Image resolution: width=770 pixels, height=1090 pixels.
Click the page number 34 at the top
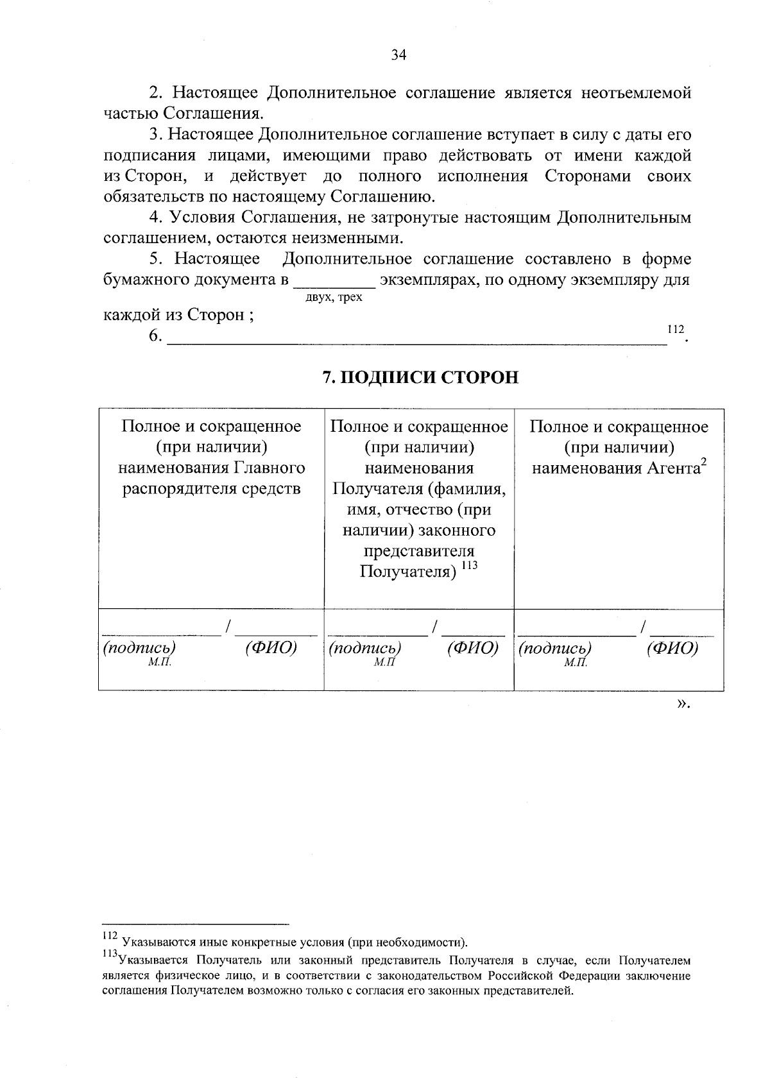click(398, 55)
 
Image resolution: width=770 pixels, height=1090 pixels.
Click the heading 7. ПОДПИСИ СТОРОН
click(420, 377)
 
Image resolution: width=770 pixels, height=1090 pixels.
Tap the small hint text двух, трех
click(334, 298)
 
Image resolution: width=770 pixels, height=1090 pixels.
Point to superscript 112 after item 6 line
click(675, 329)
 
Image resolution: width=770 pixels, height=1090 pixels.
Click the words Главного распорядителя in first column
click(212, 479)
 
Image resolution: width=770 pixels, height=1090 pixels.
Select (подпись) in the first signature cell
click(139, 648)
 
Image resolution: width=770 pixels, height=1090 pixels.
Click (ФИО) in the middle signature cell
click(472, 648)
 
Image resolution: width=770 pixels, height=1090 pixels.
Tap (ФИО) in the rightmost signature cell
click(672, 648)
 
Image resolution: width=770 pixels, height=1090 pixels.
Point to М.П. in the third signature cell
click(576, 663)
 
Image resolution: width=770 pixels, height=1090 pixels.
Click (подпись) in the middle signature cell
click(364, 648)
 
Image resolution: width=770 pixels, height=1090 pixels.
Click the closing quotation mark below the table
click(683, 704)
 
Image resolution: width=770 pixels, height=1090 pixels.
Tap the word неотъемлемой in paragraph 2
click(636, 93)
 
